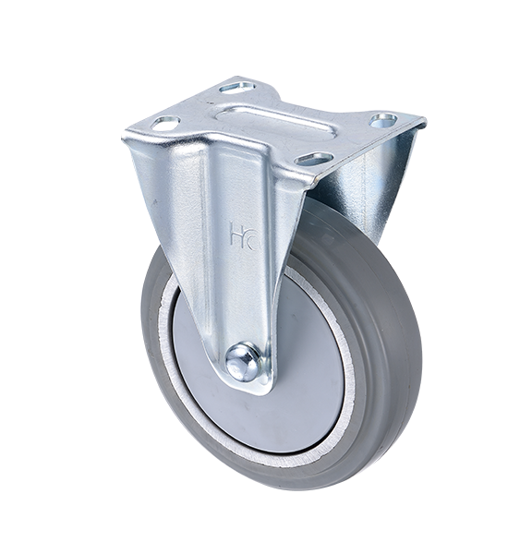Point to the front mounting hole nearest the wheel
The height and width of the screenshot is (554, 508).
(x=314, y=158)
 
